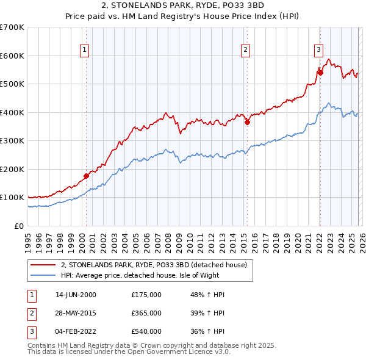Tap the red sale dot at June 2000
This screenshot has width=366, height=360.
[86, 176]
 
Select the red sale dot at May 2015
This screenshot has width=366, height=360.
[247, 122]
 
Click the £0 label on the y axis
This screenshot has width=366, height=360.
[18, 226]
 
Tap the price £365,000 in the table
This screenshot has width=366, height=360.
[146, 312]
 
